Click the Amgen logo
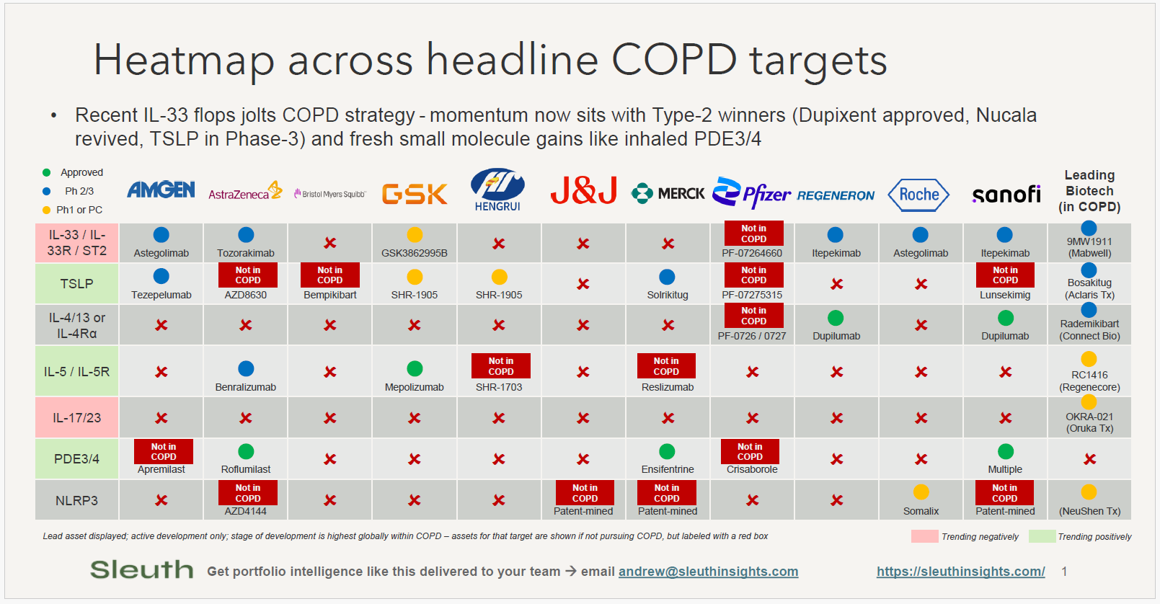(x=161, y=190)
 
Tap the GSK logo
(x=415, y=194)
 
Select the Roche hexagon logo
(x=918, y=195)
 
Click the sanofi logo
(x=1006, y=195)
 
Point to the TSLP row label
(x=76, y=284)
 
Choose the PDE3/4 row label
(x=76, y=459)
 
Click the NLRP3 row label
(x=76, y=500)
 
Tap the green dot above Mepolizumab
(x=415, y=369)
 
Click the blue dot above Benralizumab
(x=246, y=369)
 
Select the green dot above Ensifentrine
(x=667, y=451)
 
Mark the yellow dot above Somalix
(x=921, y=492)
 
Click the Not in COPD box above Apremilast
(x=164, y=451)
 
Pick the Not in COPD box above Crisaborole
(x=750, y=451)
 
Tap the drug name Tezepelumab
(x=161, y=295)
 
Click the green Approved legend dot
(x=47, y=172)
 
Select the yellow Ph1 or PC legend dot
(x=47, y=210)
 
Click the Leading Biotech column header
(x=1089, y=191)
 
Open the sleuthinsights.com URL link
(x=960, y=572)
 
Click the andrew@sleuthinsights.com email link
(x=708, y=572)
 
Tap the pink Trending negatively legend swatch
(x=924, y=536)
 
